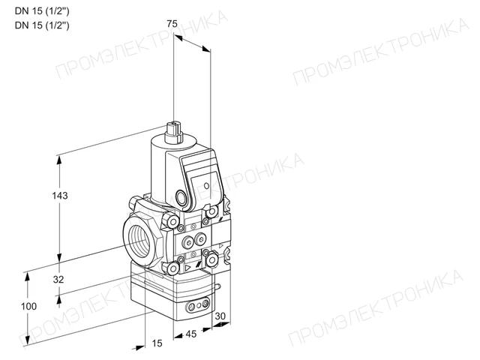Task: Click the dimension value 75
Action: (172, 23)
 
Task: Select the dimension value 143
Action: (60, 195)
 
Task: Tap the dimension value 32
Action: (58, 279)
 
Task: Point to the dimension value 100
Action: (28, 306)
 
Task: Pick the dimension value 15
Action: (157, 343)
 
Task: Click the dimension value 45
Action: (191, 334)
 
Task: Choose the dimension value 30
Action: (220, 316)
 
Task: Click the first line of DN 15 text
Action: (42, 11)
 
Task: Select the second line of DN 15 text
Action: (42, 25)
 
